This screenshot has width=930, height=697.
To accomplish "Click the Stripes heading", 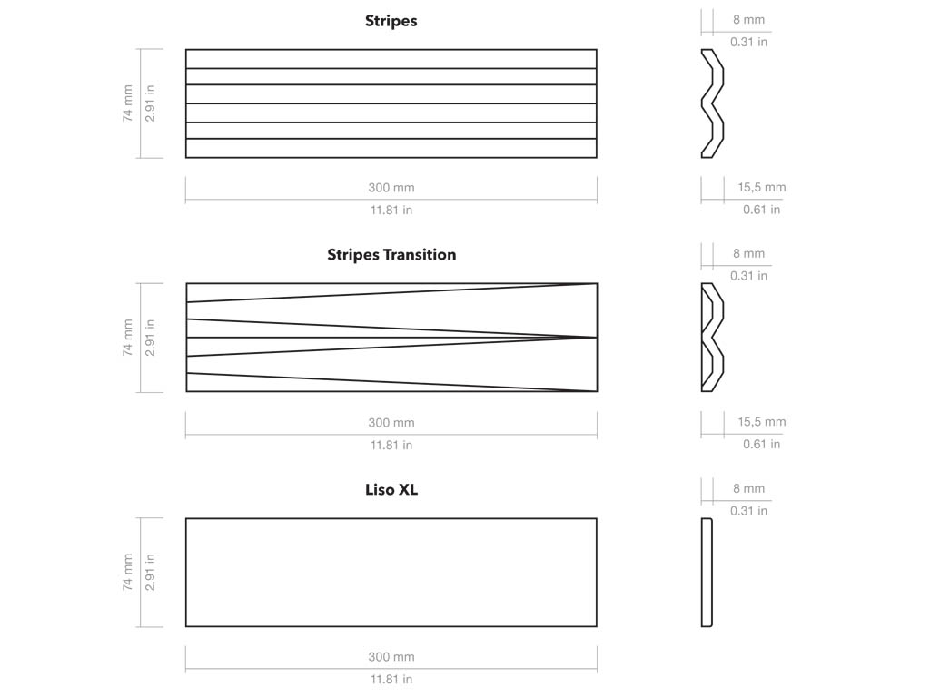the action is (x=391, y=22).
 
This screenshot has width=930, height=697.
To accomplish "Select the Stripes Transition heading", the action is (x=391, y=255).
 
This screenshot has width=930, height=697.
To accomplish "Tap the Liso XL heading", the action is (x=391, y=489).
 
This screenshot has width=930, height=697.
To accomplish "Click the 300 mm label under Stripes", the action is (x=391, y=188).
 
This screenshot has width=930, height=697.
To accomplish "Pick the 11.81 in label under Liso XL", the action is (x=391, y=679).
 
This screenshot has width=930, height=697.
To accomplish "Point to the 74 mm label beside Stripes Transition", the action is (x=127, y=338).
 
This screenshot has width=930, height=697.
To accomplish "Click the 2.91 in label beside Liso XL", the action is (x=150, y=573).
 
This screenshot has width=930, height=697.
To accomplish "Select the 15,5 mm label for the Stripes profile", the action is (x=762, y=187).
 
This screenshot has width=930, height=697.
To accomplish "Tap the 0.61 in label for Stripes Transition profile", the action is (x=762, y=444).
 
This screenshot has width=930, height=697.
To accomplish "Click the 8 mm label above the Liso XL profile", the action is (x=748, y=488).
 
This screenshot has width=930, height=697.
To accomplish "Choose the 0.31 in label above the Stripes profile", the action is (x=748, y=42).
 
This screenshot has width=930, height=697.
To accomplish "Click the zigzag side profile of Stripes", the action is (x=712, y=103).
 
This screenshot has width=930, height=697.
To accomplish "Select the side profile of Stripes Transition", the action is (x=712, y=338).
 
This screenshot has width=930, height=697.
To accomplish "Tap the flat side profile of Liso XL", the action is (x=707, y=573).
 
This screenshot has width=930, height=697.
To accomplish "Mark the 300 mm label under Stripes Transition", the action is (x=391, y=423).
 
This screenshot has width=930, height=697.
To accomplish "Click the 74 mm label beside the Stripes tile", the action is (x=127, y=103).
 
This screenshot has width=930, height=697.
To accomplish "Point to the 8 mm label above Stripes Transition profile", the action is (x=748, y=254).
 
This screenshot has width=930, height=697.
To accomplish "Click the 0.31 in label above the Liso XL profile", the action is (x=748, y=511).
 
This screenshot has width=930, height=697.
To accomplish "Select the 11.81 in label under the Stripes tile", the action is (x=391, y=210).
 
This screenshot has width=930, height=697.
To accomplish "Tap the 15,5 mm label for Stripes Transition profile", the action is (x=762, y=422).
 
